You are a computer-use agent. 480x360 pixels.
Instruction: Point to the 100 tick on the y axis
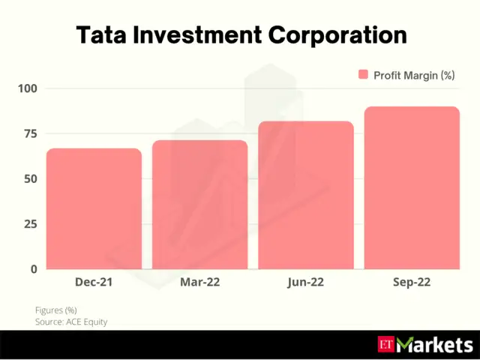(x=28, y=88)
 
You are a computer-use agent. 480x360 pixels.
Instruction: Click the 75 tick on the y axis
(x=30, y=133)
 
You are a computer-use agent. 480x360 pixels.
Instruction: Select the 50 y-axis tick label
(x=30, y=178)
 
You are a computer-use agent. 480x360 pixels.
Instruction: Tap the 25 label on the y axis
(x=30, y=223)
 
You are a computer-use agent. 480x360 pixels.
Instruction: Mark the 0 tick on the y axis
(x=34, y=268)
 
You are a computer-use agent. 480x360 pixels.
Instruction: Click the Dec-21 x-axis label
(x=94, y=283)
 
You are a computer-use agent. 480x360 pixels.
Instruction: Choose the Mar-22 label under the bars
(x=199, y=283)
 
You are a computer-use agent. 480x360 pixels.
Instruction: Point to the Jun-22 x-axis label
(x=305, y=283)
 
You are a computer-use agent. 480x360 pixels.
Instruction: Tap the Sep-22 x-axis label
(x=411, y=283)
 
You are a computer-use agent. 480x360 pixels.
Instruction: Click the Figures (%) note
(x=55, y=310)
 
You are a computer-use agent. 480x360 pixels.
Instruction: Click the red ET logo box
(x=385, y=345)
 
